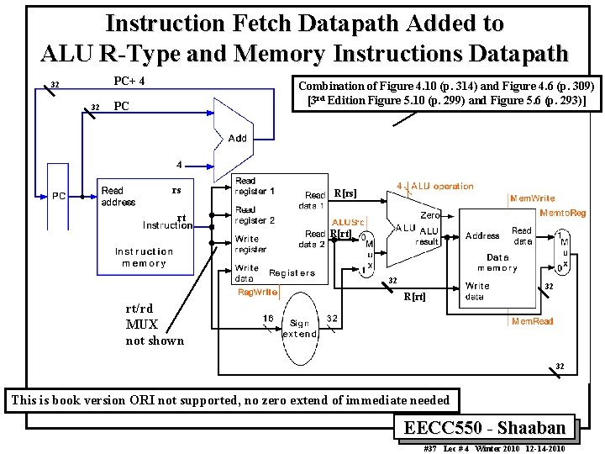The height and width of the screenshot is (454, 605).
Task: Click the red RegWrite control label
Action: [258, 293]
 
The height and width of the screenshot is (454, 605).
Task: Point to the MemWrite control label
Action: [533, 199]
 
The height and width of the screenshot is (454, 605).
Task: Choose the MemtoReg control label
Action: [564, 214]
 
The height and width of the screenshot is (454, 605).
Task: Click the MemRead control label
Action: [533, 321]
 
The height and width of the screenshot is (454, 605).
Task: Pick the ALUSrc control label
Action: [348, 222]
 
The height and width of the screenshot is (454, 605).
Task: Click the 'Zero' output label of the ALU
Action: [430, 215]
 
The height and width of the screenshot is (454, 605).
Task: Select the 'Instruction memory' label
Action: [144, 257]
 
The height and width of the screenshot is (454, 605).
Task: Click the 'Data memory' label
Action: [497, 262]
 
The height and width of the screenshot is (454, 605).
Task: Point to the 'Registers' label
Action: [292, 273]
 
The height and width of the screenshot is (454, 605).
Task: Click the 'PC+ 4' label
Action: [129, 82]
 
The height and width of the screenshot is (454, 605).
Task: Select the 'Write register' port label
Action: [251, 245]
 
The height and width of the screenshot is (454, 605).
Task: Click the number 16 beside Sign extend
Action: [267, 318]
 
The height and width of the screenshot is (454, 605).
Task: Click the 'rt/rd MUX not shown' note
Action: [155, 325]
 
